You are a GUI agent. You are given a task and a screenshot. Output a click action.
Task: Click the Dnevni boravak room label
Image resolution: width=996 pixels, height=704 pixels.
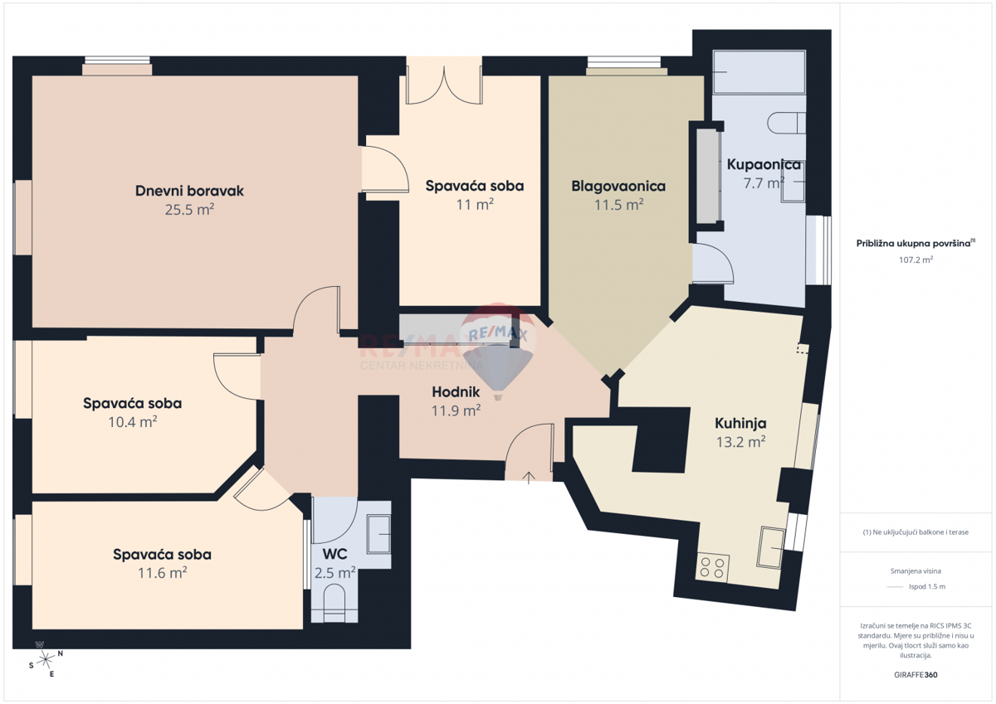189,191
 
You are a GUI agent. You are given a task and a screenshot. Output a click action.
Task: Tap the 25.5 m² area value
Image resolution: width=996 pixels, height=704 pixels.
189,210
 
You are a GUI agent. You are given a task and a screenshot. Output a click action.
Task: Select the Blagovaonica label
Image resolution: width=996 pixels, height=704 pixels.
618,186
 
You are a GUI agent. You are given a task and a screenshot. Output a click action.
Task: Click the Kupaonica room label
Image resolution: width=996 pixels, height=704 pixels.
764,164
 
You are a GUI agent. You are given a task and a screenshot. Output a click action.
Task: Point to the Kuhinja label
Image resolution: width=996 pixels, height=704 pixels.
740,422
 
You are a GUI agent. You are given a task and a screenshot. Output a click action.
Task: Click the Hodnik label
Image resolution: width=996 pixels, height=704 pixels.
456,391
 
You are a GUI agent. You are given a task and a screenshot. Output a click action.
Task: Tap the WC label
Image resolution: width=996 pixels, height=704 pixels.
334,553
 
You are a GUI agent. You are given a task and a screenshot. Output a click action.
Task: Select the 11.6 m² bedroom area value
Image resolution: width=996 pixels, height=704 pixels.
162,572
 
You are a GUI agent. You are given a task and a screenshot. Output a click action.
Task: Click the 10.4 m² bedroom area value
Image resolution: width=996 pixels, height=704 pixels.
132,421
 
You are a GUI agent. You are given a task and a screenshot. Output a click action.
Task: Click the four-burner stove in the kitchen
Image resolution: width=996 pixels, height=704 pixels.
712,568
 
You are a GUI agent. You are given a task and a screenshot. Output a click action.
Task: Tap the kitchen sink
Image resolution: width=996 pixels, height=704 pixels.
771,547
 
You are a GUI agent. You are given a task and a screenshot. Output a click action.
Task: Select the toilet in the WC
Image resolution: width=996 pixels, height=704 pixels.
334,601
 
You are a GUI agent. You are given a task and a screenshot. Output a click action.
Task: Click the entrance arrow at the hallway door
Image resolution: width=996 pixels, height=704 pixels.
530,476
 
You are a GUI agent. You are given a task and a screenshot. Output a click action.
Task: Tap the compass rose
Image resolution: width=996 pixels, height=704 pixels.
46,659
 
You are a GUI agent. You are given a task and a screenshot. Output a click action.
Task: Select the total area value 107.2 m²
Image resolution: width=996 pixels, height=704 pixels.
916,259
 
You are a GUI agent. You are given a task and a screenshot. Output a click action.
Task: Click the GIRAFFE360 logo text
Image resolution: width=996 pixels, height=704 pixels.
916,675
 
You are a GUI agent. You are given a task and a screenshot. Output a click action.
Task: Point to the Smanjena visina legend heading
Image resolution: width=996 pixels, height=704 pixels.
916,570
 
